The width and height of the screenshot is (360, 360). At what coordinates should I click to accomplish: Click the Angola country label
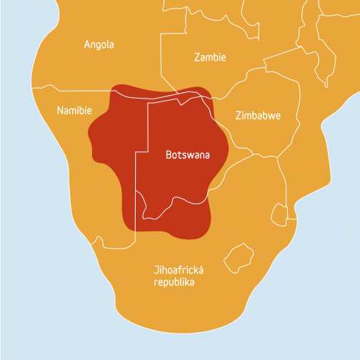tap(99, 44)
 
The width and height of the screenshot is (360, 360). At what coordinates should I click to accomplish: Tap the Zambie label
tap(210, 57)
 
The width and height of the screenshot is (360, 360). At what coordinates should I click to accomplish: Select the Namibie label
tap(74, 111)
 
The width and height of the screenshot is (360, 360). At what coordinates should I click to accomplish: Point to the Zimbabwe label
tap(258, 116)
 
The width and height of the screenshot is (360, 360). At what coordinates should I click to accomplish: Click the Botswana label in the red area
tap(187, 154)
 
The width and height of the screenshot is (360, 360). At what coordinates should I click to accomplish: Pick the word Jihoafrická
tap(179, 270)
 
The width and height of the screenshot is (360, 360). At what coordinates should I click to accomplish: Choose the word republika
tap(174, 282)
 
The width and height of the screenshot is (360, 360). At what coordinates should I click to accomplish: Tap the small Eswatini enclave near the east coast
tap(279, 212)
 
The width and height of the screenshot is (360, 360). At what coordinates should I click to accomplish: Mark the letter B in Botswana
tap(169, 154)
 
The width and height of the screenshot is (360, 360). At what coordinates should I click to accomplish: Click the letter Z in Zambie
tap(197, 57)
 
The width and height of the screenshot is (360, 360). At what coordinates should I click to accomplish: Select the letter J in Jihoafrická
tap(156, 271)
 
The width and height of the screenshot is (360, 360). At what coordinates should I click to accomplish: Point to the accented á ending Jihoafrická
tap(201, 270)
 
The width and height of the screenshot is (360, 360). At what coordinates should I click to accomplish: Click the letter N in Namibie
tap(59, 111)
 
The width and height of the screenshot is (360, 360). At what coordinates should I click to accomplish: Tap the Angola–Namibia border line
tap(79, 91)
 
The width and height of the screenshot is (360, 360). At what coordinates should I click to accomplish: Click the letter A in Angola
tap(87, 44)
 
